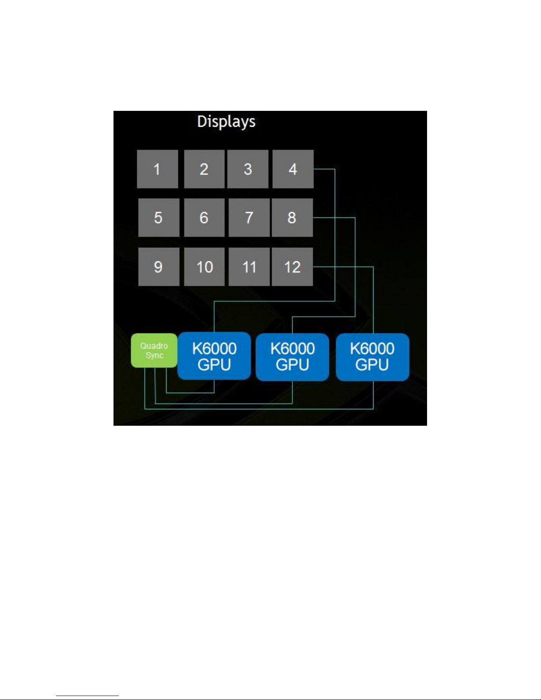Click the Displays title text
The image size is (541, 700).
click(226, 121)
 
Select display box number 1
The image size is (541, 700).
click(157, 169)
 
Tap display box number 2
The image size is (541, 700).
click(204, 169)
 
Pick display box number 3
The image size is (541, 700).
click(248, 169)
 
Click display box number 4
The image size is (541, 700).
click(293, 169)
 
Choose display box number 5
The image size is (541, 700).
click(159, 217)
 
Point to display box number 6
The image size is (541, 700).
click(204, 217)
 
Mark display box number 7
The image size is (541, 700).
click(249, 217)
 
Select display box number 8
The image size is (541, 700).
click(292, 217)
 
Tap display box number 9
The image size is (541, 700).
click(159, 267)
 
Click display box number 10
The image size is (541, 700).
click(204, 267)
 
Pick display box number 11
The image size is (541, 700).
click(249, 267)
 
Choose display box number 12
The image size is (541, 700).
click(292, 267)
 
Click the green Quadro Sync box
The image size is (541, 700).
click(154, 351)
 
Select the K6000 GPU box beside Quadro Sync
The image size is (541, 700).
click(214, 356)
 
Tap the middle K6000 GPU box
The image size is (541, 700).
click(292, 357)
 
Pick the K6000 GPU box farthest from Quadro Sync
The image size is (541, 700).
click(372, 357)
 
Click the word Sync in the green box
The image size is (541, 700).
click(155, 356)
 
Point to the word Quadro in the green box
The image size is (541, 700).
click(154, 346)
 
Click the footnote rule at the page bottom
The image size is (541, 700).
click(87, 696)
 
